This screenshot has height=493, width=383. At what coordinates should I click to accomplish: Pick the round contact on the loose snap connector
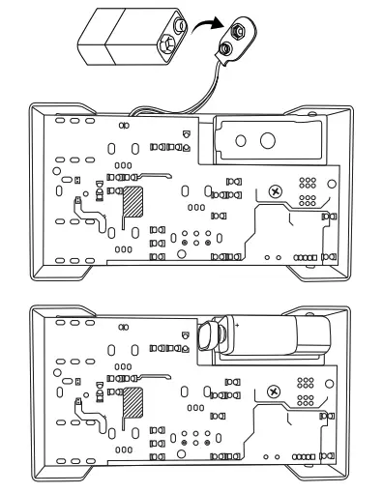point(229,44)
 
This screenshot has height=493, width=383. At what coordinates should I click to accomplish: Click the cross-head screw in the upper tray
point(278,190)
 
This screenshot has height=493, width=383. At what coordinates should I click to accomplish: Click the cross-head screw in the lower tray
point(274,391)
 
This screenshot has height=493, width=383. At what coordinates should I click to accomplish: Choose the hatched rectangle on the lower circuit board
point(131,402)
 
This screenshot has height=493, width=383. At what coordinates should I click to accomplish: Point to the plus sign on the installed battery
point(233,327)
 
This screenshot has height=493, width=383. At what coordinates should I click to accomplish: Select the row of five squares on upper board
point(306,258)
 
